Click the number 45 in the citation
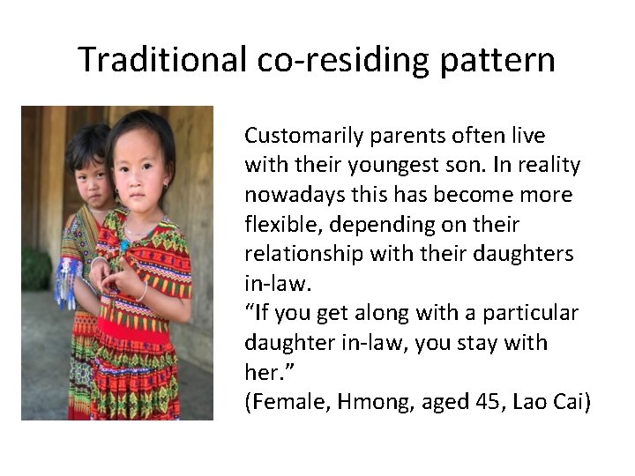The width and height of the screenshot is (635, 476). (482, 402)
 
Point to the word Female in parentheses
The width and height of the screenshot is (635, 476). (280, 402)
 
